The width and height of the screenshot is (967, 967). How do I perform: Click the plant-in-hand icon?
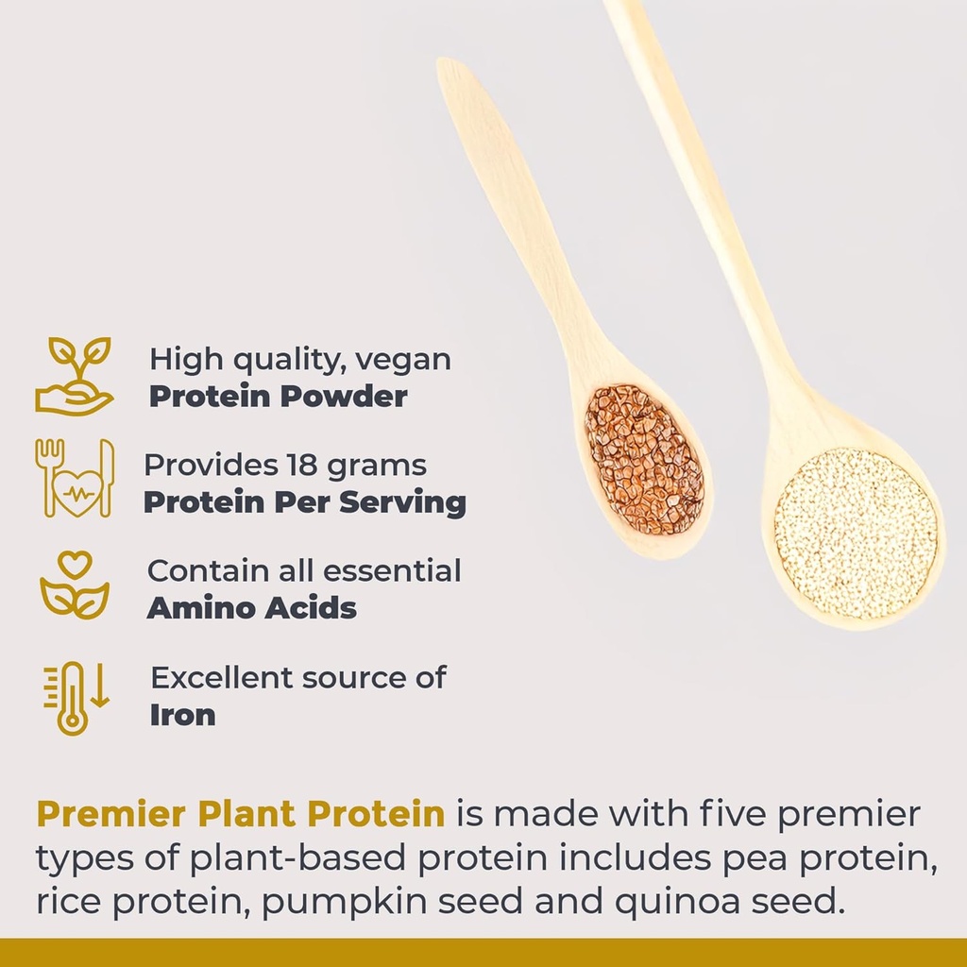(x=74, y=376)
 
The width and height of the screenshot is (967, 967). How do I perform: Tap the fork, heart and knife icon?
(x=75, y=478)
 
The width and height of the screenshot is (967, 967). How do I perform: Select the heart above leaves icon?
(x=75, y=585)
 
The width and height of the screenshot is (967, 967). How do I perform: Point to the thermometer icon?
(x=75, y=697)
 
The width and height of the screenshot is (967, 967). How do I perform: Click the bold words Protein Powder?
(x=278, y=397)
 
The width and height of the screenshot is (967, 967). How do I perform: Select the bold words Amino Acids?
(x=251, y=608)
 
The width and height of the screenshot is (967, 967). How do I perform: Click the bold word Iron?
(x=182, y=715)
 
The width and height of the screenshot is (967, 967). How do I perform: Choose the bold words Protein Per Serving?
(x=304, y=502)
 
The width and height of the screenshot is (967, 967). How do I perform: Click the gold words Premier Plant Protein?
(x=240, y=814)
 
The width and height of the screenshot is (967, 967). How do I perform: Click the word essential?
(x=392, y=571)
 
